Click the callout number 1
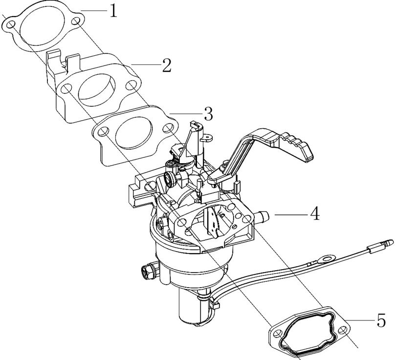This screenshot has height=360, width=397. pos(113,11)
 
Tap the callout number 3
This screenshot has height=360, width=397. pos(208,115)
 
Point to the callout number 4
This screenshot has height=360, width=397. pos(314,213)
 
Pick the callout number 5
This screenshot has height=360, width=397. pos(381,321)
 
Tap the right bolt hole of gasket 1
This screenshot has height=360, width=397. pos(76,22)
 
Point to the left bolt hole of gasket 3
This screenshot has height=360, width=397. pos(104,132)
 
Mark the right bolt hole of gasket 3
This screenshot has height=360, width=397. pos(169,128)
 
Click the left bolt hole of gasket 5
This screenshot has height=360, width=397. pos(278,335)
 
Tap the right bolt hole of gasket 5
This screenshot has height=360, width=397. pos(343,331)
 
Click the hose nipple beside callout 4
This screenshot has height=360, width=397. pos(264,215)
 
